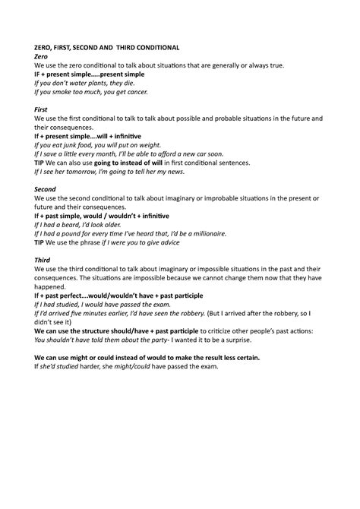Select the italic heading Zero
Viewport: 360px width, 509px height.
coord(43,56)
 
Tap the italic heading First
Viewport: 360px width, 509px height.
coord(43,109)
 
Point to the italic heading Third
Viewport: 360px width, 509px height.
coord(44,259)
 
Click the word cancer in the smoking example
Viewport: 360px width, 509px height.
coord(134,92)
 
